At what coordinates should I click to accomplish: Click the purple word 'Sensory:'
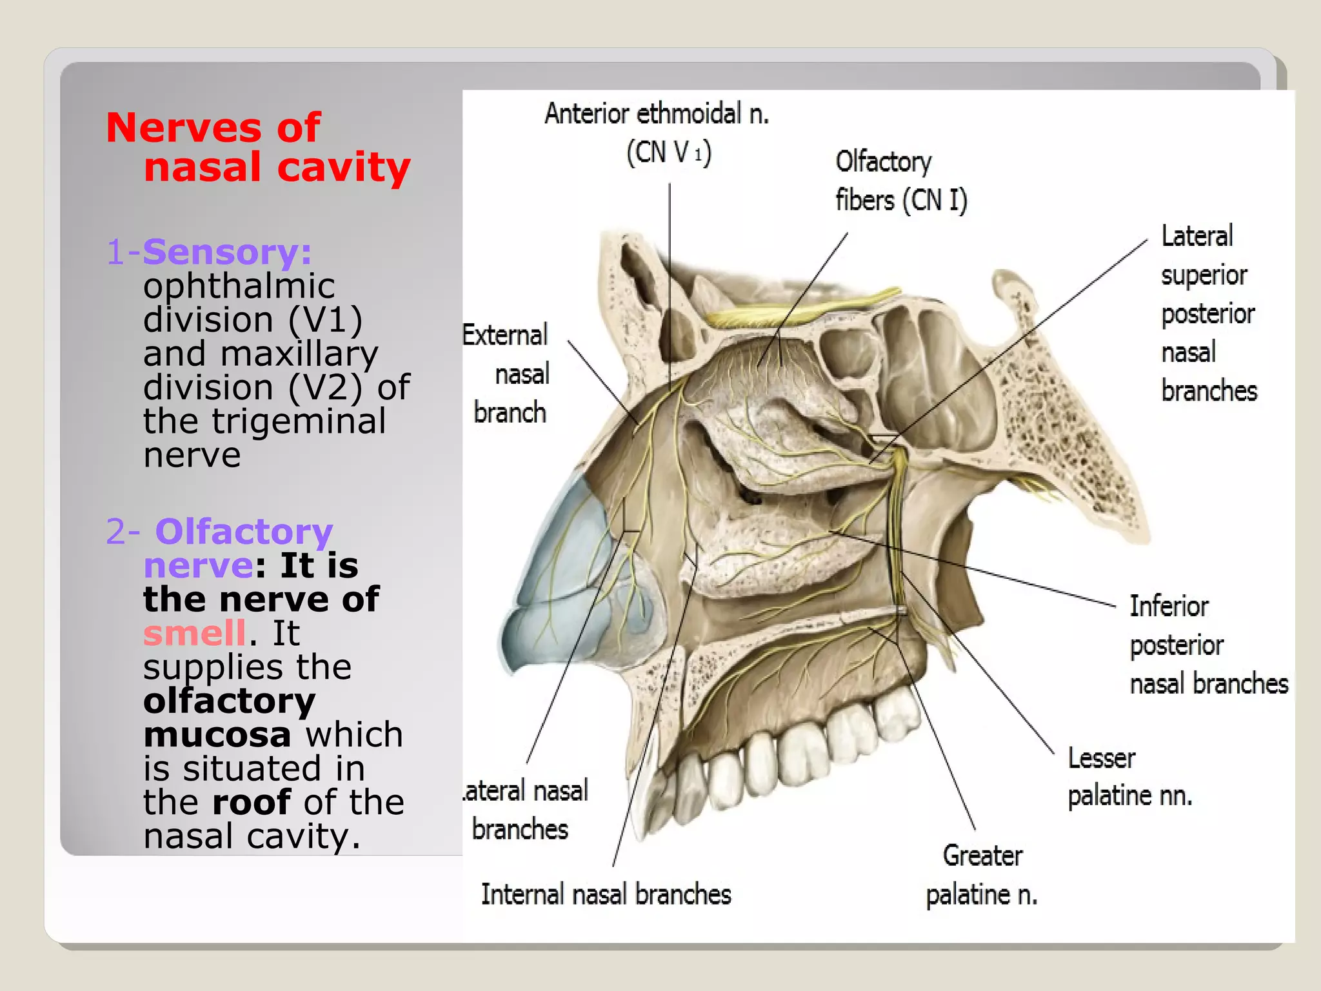(227, 252)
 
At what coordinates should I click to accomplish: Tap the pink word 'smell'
(194, 633)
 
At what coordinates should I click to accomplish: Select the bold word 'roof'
(252, 802)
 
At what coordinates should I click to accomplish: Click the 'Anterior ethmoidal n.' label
(657, 114)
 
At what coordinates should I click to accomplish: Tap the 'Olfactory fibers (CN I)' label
(900, 181)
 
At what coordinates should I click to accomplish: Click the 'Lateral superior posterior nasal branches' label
(1208, 314)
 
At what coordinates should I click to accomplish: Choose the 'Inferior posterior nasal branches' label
(1207, 645)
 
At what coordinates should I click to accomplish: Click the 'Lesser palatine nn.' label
(1129, 777)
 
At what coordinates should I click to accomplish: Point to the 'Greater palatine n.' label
(982, 875)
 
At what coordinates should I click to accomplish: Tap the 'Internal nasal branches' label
(606, 895)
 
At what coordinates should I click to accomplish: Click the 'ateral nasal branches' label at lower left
(525, 810)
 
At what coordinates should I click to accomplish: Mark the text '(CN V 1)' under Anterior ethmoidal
(669, 153)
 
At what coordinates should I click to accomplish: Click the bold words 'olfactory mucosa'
(229, 717)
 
